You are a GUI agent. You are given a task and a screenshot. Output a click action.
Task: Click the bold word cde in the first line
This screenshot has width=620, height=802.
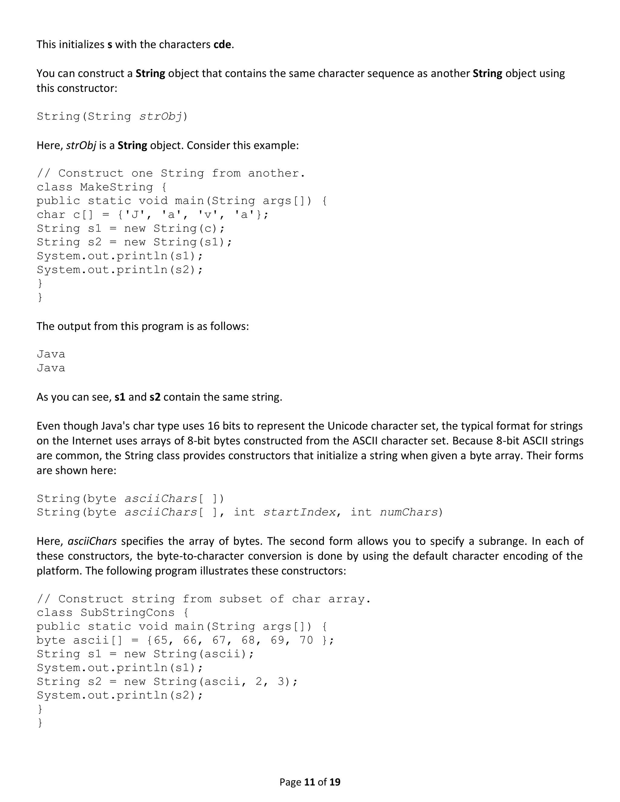point(222,44)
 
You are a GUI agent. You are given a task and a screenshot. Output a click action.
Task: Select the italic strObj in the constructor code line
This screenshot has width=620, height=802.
point(160,117)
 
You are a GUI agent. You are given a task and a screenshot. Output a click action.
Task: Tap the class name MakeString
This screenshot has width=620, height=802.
point(117,187)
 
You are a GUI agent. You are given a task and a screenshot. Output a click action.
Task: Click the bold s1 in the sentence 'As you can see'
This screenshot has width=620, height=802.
point(120,397)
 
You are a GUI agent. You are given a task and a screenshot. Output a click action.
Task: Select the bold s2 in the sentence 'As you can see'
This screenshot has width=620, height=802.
point(155,397)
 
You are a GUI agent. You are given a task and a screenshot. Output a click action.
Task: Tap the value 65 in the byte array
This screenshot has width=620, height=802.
point(160,640)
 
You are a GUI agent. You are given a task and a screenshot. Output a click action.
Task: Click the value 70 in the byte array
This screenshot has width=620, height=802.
point(306,640)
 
